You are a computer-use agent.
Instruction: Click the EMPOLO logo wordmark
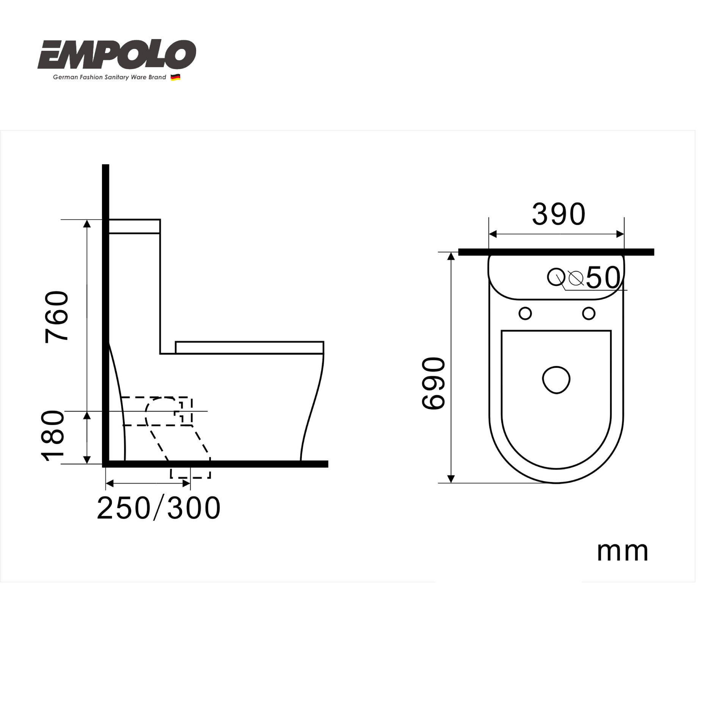[x=117, y=55]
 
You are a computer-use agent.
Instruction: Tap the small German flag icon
[x=175, y=77]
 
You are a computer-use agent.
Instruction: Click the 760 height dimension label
[x=57, y=317]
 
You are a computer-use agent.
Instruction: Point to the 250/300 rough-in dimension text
[x=159, y=509]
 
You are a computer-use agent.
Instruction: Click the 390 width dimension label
[x=559, y=215]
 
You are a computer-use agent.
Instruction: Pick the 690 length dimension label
[x=433, y=383]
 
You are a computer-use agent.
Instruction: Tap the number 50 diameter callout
[x=603, y=278]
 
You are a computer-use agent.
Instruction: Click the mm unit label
[x=623, y=552]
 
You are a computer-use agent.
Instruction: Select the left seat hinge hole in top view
[x=525, y=314]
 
